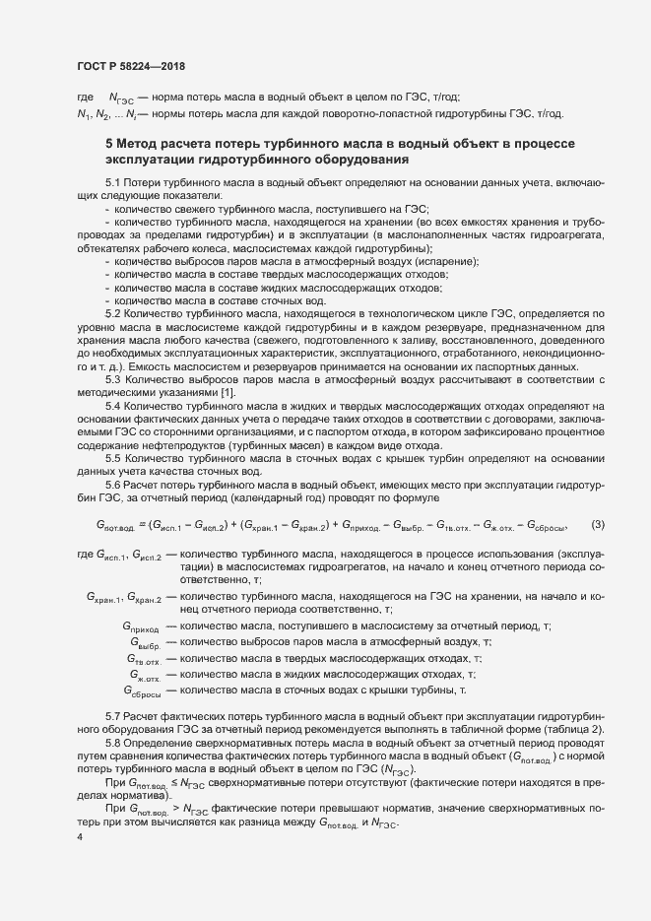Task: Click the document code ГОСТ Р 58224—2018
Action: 131,66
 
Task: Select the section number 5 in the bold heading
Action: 109,144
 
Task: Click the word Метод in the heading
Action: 141,144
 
